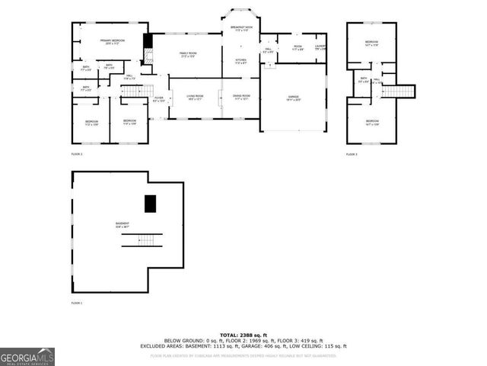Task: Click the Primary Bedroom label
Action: click(112, 41)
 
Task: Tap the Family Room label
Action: click(188, 55)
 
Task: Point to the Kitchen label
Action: click(240, 61)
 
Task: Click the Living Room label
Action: click(195, 98)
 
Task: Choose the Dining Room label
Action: click(242, 98)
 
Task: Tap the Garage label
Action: click(293, 98)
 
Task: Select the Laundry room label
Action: click(320, 48)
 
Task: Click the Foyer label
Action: click(158, 99)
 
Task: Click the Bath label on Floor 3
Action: click(364, 79)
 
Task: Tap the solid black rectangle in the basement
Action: click(150, 204)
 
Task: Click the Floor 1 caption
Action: click(77, 303)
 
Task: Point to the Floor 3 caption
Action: click(352, 155)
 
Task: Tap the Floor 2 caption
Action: click(77, 155)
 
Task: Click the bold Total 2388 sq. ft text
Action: click(243, 335)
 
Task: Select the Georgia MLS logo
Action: click(27, 356)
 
